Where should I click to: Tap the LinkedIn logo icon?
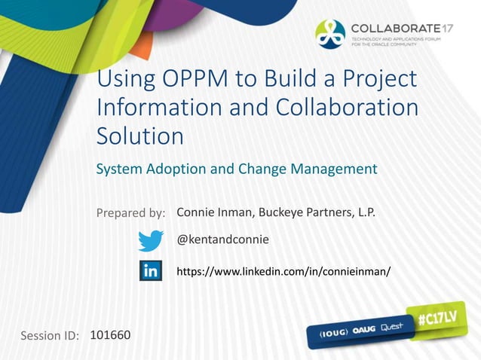pos(151,270)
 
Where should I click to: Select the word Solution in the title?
pos(140,136)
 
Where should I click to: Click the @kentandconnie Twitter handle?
pos(222,239)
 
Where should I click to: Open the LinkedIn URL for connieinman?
pos(283,270)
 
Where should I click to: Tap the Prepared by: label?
pos(131,213)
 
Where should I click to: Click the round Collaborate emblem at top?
pos(330,33)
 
